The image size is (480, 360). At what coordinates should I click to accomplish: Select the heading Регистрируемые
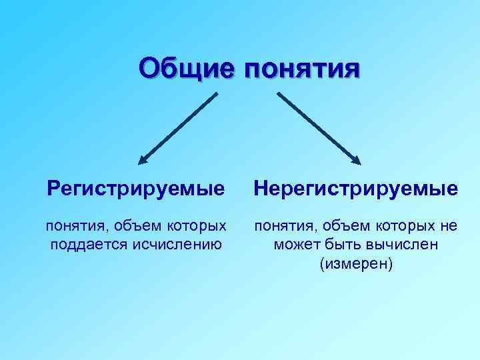[136, 189]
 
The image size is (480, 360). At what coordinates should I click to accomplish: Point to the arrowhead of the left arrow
[143, 160]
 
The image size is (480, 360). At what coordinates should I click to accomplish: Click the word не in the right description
[449, 226]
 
